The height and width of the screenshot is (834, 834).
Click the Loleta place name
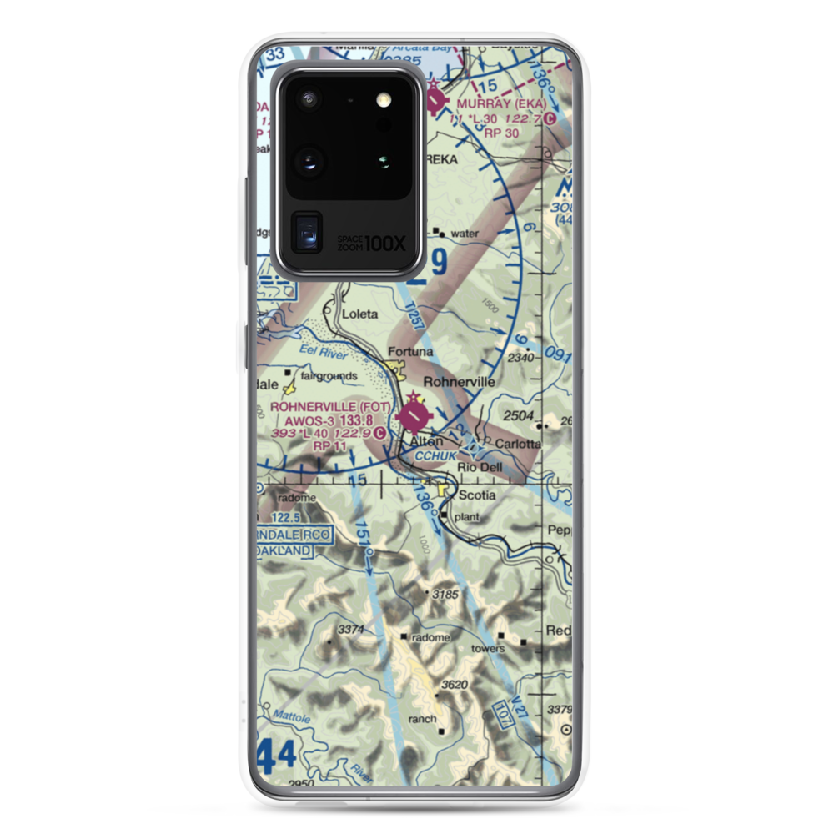[360, 314]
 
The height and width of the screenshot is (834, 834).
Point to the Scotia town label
[478, 495]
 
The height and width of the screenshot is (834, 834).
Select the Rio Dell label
[480, 468]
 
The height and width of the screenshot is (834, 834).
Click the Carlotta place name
[518, 443]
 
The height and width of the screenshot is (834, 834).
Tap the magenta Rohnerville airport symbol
[414, 414]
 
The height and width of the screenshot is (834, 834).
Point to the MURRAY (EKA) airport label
[501, 103]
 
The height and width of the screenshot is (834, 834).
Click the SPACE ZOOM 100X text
[371, 243]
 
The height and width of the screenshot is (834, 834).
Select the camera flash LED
[384, 100]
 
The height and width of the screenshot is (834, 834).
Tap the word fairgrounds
[329, 376]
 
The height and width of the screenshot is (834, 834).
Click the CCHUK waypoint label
[436, 455]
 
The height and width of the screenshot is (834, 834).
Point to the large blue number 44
[276, 756]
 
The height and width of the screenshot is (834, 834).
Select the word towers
[488, 648]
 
